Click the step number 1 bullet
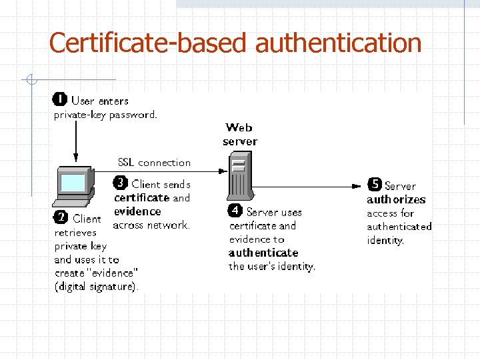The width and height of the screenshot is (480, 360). [x=59, y=101]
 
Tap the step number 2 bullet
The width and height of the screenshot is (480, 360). [x=61, y=219]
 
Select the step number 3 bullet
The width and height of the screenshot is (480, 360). [x=120, y=183]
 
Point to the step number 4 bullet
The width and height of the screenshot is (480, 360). [x=235, y=211]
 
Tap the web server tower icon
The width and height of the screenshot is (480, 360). [x=237, y=175]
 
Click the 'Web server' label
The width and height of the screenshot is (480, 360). [x=239, y=134]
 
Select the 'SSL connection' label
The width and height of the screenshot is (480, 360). [x=154, y=162]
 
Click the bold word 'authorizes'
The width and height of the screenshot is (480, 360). [x=396, y=199]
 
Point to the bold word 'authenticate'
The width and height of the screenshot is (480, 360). [x=263, y=253]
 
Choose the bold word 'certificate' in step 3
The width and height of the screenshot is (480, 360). [x=142, y=197]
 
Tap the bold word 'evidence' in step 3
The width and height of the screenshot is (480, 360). [x=137, y=211]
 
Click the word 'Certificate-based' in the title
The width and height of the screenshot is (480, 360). [x=149, y=43]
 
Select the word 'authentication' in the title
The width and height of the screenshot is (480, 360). [x=339, y=43]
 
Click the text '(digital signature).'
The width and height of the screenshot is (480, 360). [x=97, y=287]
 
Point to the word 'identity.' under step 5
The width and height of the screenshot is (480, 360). [x=385, y=240]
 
